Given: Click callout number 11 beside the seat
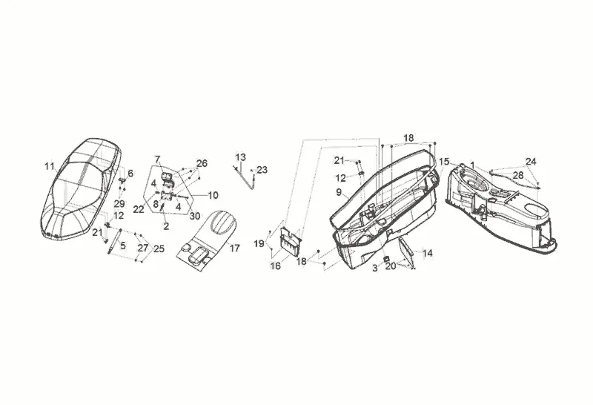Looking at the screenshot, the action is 49,166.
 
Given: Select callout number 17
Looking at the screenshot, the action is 234,248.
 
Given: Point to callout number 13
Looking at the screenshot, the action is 240,157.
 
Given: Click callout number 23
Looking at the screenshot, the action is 262,170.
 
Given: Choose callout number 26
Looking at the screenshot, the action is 202,163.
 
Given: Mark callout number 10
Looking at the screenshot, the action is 213,196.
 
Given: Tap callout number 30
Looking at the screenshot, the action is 194,216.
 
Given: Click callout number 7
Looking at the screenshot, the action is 158,159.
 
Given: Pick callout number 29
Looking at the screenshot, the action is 119,204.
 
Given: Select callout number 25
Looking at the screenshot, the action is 159,248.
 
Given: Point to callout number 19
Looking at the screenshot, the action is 259,244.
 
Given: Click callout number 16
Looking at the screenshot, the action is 275,265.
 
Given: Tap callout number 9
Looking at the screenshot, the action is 338,191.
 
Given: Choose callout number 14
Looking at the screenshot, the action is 427,253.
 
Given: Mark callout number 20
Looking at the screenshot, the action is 390,266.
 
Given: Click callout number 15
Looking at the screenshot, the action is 443,161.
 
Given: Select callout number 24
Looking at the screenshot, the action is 531,162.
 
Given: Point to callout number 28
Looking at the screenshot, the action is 518,174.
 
